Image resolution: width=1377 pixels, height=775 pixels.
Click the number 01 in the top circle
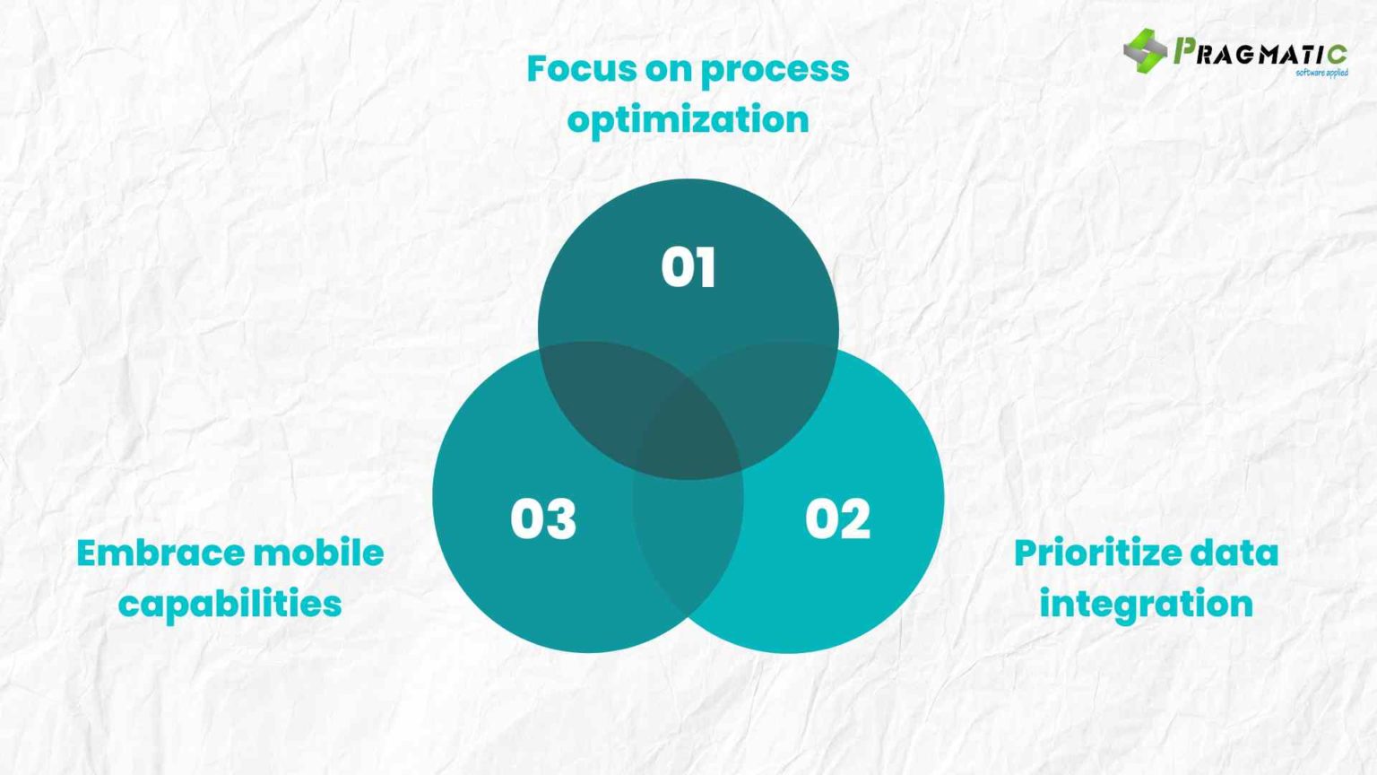688,267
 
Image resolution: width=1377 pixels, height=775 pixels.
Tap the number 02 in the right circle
837,518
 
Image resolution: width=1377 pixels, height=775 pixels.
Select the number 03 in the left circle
543,518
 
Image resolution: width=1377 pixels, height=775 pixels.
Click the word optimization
688,120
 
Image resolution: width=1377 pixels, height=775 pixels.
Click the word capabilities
229,604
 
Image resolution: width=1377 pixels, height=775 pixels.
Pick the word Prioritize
1084,553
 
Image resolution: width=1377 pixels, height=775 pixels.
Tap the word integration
1146,604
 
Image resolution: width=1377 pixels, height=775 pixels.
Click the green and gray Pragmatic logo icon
1145,50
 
